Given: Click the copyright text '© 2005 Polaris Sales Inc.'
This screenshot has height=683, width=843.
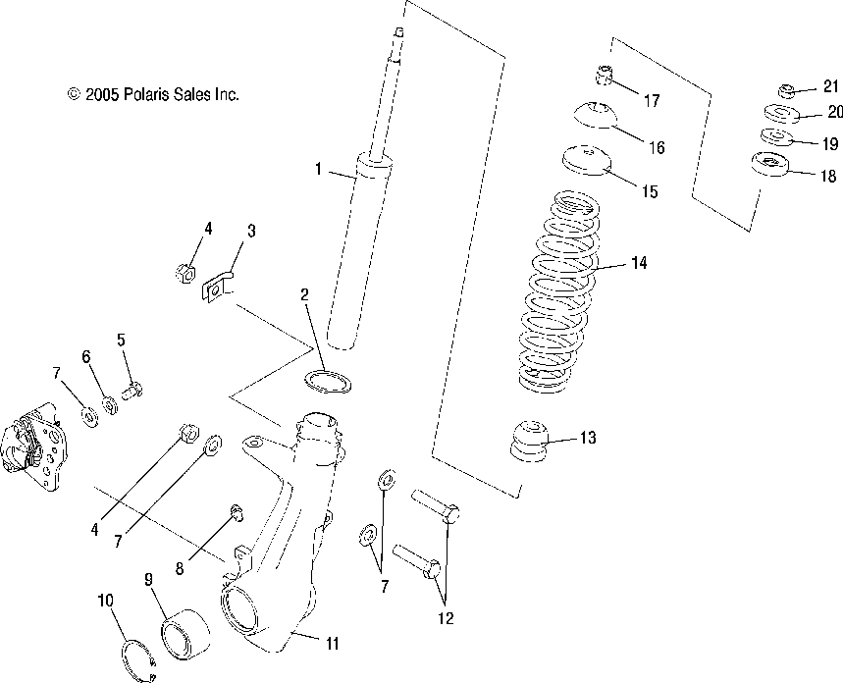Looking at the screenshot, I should pos(153,95).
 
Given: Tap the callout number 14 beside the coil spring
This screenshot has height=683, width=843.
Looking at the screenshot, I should pos(639,263).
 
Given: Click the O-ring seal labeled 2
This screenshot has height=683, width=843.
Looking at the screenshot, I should pos(322,381).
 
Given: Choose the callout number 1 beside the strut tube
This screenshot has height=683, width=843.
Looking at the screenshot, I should pos(318,169).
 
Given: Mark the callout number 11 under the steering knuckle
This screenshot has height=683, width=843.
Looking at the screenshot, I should pos(332,644).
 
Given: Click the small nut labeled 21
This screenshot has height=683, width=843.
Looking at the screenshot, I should pos(785,91).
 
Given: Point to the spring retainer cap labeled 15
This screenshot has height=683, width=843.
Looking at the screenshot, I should pos(586,159).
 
